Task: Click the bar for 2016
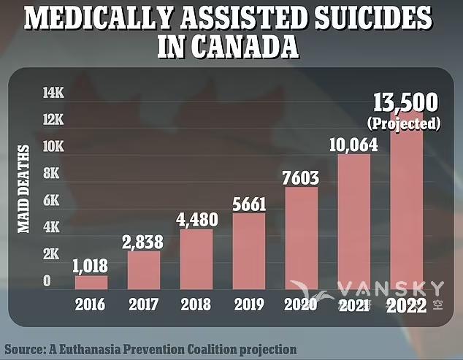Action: pyautogui.click(x=91, y=282)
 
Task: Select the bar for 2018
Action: pyautogui.click(x=196, y=258)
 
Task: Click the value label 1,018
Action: pyautogui.click(x=90, y=267)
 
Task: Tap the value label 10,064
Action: pyautogui.click(x=353, y=145)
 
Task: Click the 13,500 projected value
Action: pyautogui.click(x=407, y=103)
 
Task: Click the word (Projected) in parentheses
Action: pyautogui.click(x=407, y=123)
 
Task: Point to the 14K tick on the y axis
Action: pyautogui.click(x=53, y=93)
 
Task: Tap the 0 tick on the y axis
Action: pyautogui.click(x=47, y=281)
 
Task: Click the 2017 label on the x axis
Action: pyautogui.click(x=144, y=305)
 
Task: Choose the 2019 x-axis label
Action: pyautogui.click(x=249, y=305)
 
